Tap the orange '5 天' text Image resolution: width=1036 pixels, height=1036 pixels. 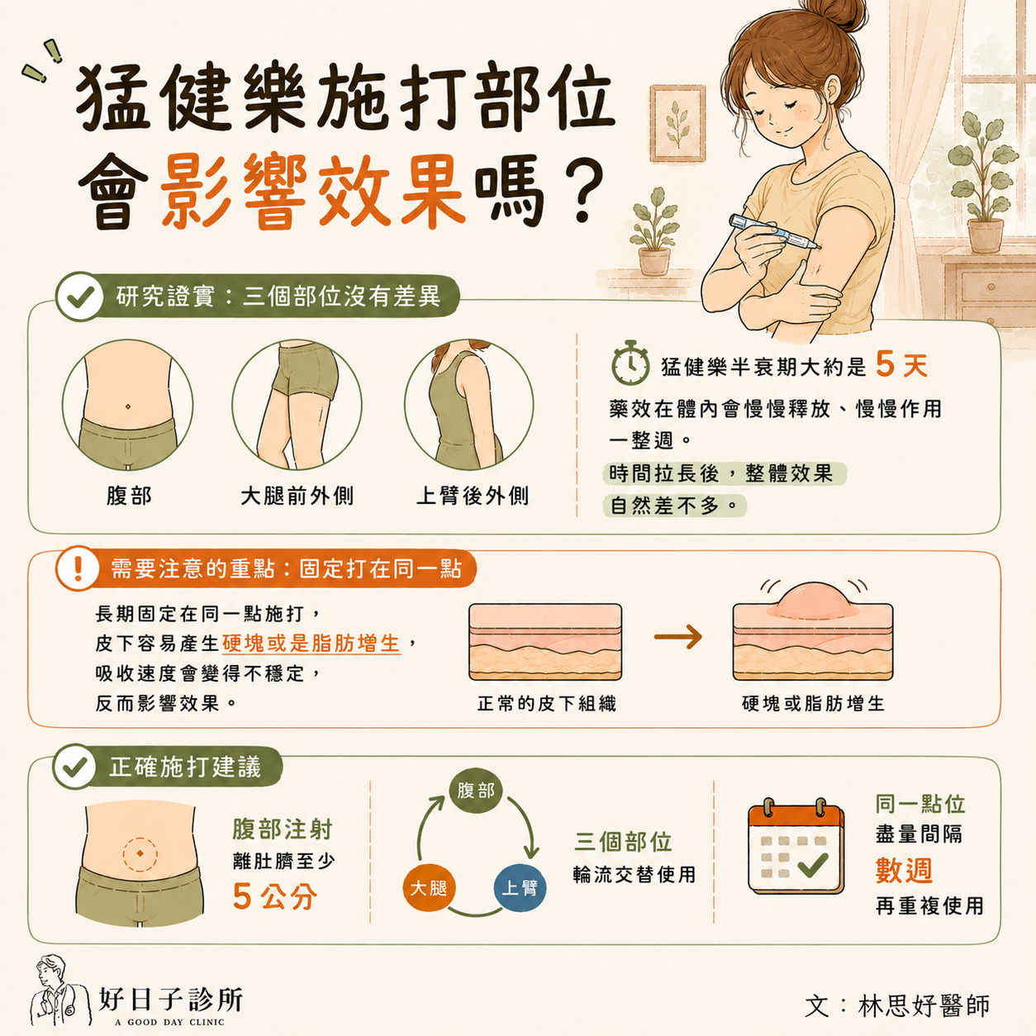pyautogui.click(x=901, y=365)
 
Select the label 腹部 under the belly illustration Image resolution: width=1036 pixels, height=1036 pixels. pyautogui.click(x=129, y=496)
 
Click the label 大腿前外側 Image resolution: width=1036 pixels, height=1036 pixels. pyautogui.click(x=297, y=496)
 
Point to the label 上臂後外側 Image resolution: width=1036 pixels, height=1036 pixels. pyautogui.click(x=473, y=496)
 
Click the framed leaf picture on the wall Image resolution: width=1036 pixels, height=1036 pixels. pyautogui.click(x=677, y=124)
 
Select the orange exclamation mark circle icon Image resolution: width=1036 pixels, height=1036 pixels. pyautogui.click(x=78, y=568)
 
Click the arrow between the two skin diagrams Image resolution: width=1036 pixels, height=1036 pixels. pyautogui.click(x=678, y=637)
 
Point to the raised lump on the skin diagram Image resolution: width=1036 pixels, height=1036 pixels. pyautogui.click(x=813, y=600)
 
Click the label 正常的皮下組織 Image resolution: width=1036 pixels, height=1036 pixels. pyautogui.click(x=546, y=704)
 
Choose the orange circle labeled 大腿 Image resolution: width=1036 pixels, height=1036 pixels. pyautogui.click(x=429, y=888)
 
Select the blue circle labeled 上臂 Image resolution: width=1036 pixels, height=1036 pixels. pyautogui.click(x=520, y=888)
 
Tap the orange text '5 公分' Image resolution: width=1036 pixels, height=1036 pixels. pyautogui.click(x=275, y=896)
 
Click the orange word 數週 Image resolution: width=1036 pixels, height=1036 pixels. pyautogui.click(x=904, y=871)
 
